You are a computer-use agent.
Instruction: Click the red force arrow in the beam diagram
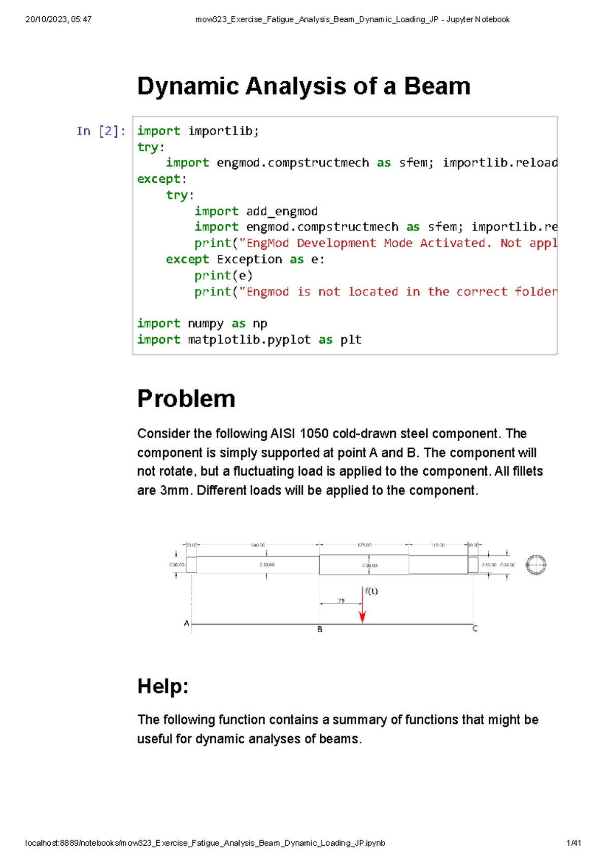[x=362, y=607]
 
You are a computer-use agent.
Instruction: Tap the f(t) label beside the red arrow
[x=371, y=591]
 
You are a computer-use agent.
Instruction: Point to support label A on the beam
[x=186, y=623]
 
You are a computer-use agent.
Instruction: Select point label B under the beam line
[x=320, y=629]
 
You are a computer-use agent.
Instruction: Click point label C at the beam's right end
[x=475, y=628]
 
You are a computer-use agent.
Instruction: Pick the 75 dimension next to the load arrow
[x=341, y=601]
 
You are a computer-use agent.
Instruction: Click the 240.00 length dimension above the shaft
[x=258, y=545]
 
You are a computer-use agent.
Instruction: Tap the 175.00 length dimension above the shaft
[x=364, y=545]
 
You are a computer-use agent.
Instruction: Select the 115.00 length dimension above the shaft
[x=437, y=545]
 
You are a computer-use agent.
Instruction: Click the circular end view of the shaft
[x=536, y=565]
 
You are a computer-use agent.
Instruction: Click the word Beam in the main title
[x=437, y=86]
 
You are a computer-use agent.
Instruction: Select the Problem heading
[x=186, y=399]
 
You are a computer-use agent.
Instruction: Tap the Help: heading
[x=163, y=686]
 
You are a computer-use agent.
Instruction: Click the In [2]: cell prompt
[x=100, y=131]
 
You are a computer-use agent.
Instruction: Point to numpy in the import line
[x=206, y=323]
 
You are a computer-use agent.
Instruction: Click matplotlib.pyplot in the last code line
[x=249, y=340]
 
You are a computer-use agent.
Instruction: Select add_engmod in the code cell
[x=282, y=211]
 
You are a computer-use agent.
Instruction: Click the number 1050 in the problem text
[x=314, y=434]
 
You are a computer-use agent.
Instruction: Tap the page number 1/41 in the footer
[x=573, y=843]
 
